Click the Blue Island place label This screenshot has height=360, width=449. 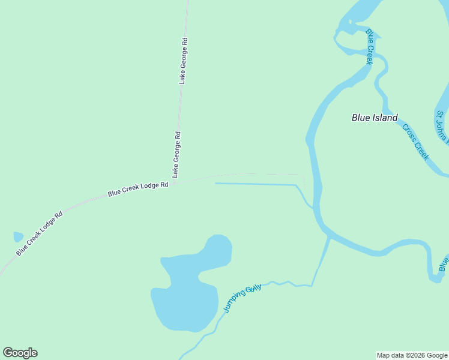pos(375,118)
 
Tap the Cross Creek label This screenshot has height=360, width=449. pos(416,142)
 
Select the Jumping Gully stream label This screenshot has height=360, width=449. pos(243,299)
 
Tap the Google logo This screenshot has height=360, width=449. pos(20,353)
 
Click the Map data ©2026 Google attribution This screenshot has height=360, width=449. pos(412,355)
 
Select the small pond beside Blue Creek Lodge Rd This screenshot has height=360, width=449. pos(18,237)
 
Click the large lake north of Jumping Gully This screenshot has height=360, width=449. pos(189,288)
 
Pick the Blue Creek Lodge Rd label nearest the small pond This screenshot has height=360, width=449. pos(39,233)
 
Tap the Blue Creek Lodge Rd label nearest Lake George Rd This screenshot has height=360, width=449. pos(137,190)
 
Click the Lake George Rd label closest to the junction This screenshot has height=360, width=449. pos(176,154)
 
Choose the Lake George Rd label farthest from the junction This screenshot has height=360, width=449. pos(184,61)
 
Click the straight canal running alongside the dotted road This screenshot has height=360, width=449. pos(255,184)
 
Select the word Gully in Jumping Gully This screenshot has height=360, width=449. pos(253,290)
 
